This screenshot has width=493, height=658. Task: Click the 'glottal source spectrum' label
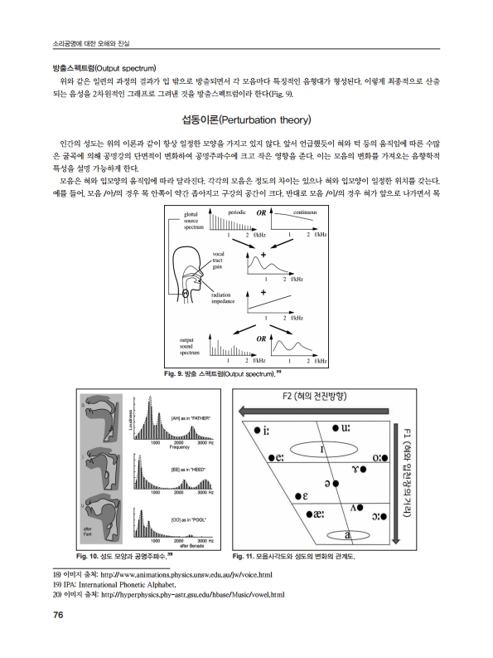click(x=194, y=222)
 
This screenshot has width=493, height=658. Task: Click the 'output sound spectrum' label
click(x=193, y=345)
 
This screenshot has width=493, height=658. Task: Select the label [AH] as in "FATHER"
click(x=189, y=417)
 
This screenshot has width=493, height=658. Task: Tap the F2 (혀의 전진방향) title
click(x=321, y=397)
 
